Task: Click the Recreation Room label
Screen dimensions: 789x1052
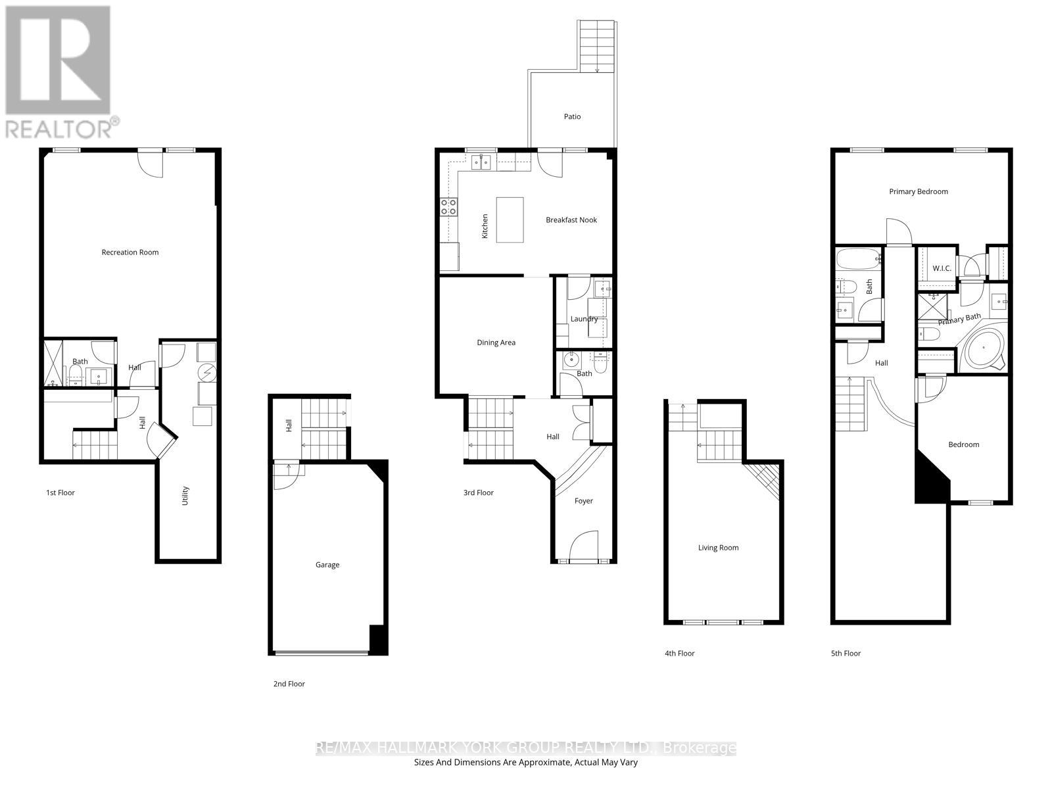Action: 130,252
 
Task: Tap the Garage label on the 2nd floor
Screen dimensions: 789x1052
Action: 327,565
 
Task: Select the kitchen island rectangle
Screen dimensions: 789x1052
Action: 510,220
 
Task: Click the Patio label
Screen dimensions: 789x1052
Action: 572,116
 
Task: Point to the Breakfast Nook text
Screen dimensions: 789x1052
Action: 571,220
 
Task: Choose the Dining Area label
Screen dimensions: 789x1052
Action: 496,343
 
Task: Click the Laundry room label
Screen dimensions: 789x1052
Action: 583,319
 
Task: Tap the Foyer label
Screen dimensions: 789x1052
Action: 583,501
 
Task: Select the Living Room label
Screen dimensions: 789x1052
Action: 718,548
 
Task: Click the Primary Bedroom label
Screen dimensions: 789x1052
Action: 918,192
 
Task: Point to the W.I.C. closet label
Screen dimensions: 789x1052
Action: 942,268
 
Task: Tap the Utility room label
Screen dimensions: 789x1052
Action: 185,494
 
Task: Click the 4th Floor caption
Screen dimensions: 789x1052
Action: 679,654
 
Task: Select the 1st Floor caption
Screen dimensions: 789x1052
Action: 60,492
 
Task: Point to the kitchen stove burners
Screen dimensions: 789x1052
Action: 448,207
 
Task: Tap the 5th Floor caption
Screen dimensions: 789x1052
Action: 846,654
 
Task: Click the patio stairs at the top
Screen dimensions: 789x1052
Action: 597,46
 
